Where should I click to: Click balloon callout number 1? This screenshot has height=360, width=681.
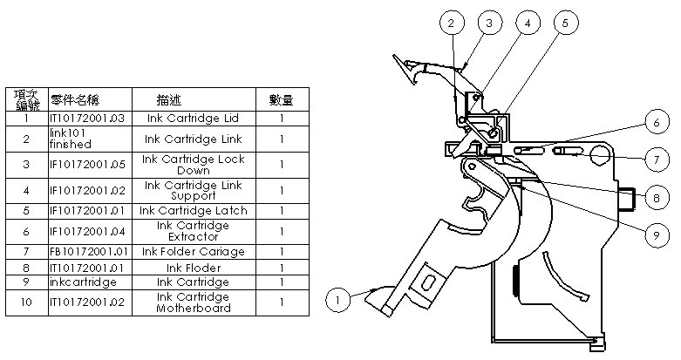click(337, 299)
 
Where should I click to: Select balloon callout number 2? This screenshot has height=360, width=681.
click(450, 24)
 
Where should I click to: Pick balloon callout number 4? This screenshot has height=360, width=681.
click(527, 24)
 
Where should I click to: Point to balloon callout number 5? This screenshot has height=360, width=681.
click(565, 24)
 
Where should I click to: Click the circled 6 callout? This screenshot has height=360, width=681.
click(658, 124)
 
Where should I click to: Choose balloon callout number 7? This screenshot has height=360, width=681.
click(658, 160)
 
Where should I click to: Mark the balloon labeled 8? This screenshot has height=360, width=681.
click(658, 198)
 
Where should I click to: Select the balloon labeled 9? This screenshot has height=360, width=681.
click(658, 234)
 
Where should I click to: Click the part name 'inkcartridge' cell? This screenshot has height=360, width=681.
click(89, 282)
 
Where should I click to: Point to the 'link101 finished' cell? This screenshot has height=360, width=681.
click(89, 139)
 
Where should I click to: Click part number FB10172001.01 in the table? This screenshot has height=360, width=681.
click(89, 252)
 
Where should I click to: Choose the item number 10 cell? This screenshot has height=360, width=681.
click(27, 302)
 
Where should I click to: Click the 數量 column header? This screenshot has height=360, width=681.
click(281, 99)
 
